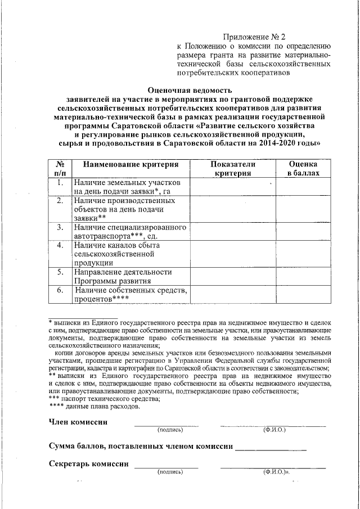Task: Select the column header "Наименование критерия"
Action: tap(131, 164)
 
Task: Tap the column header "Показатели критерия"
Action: tap(232, 168)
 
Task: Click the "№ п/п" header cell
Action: tap(60, 168)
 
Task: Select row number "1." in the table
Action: tap(60, 183)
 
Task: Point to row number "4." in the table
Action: tap(60, 245)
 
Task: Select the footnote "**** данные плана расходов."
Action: tap(91, 406)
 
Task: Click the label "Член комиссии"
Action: tap(78, 422)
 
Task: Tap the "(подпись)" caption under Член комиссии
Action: tap(170, 430)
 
